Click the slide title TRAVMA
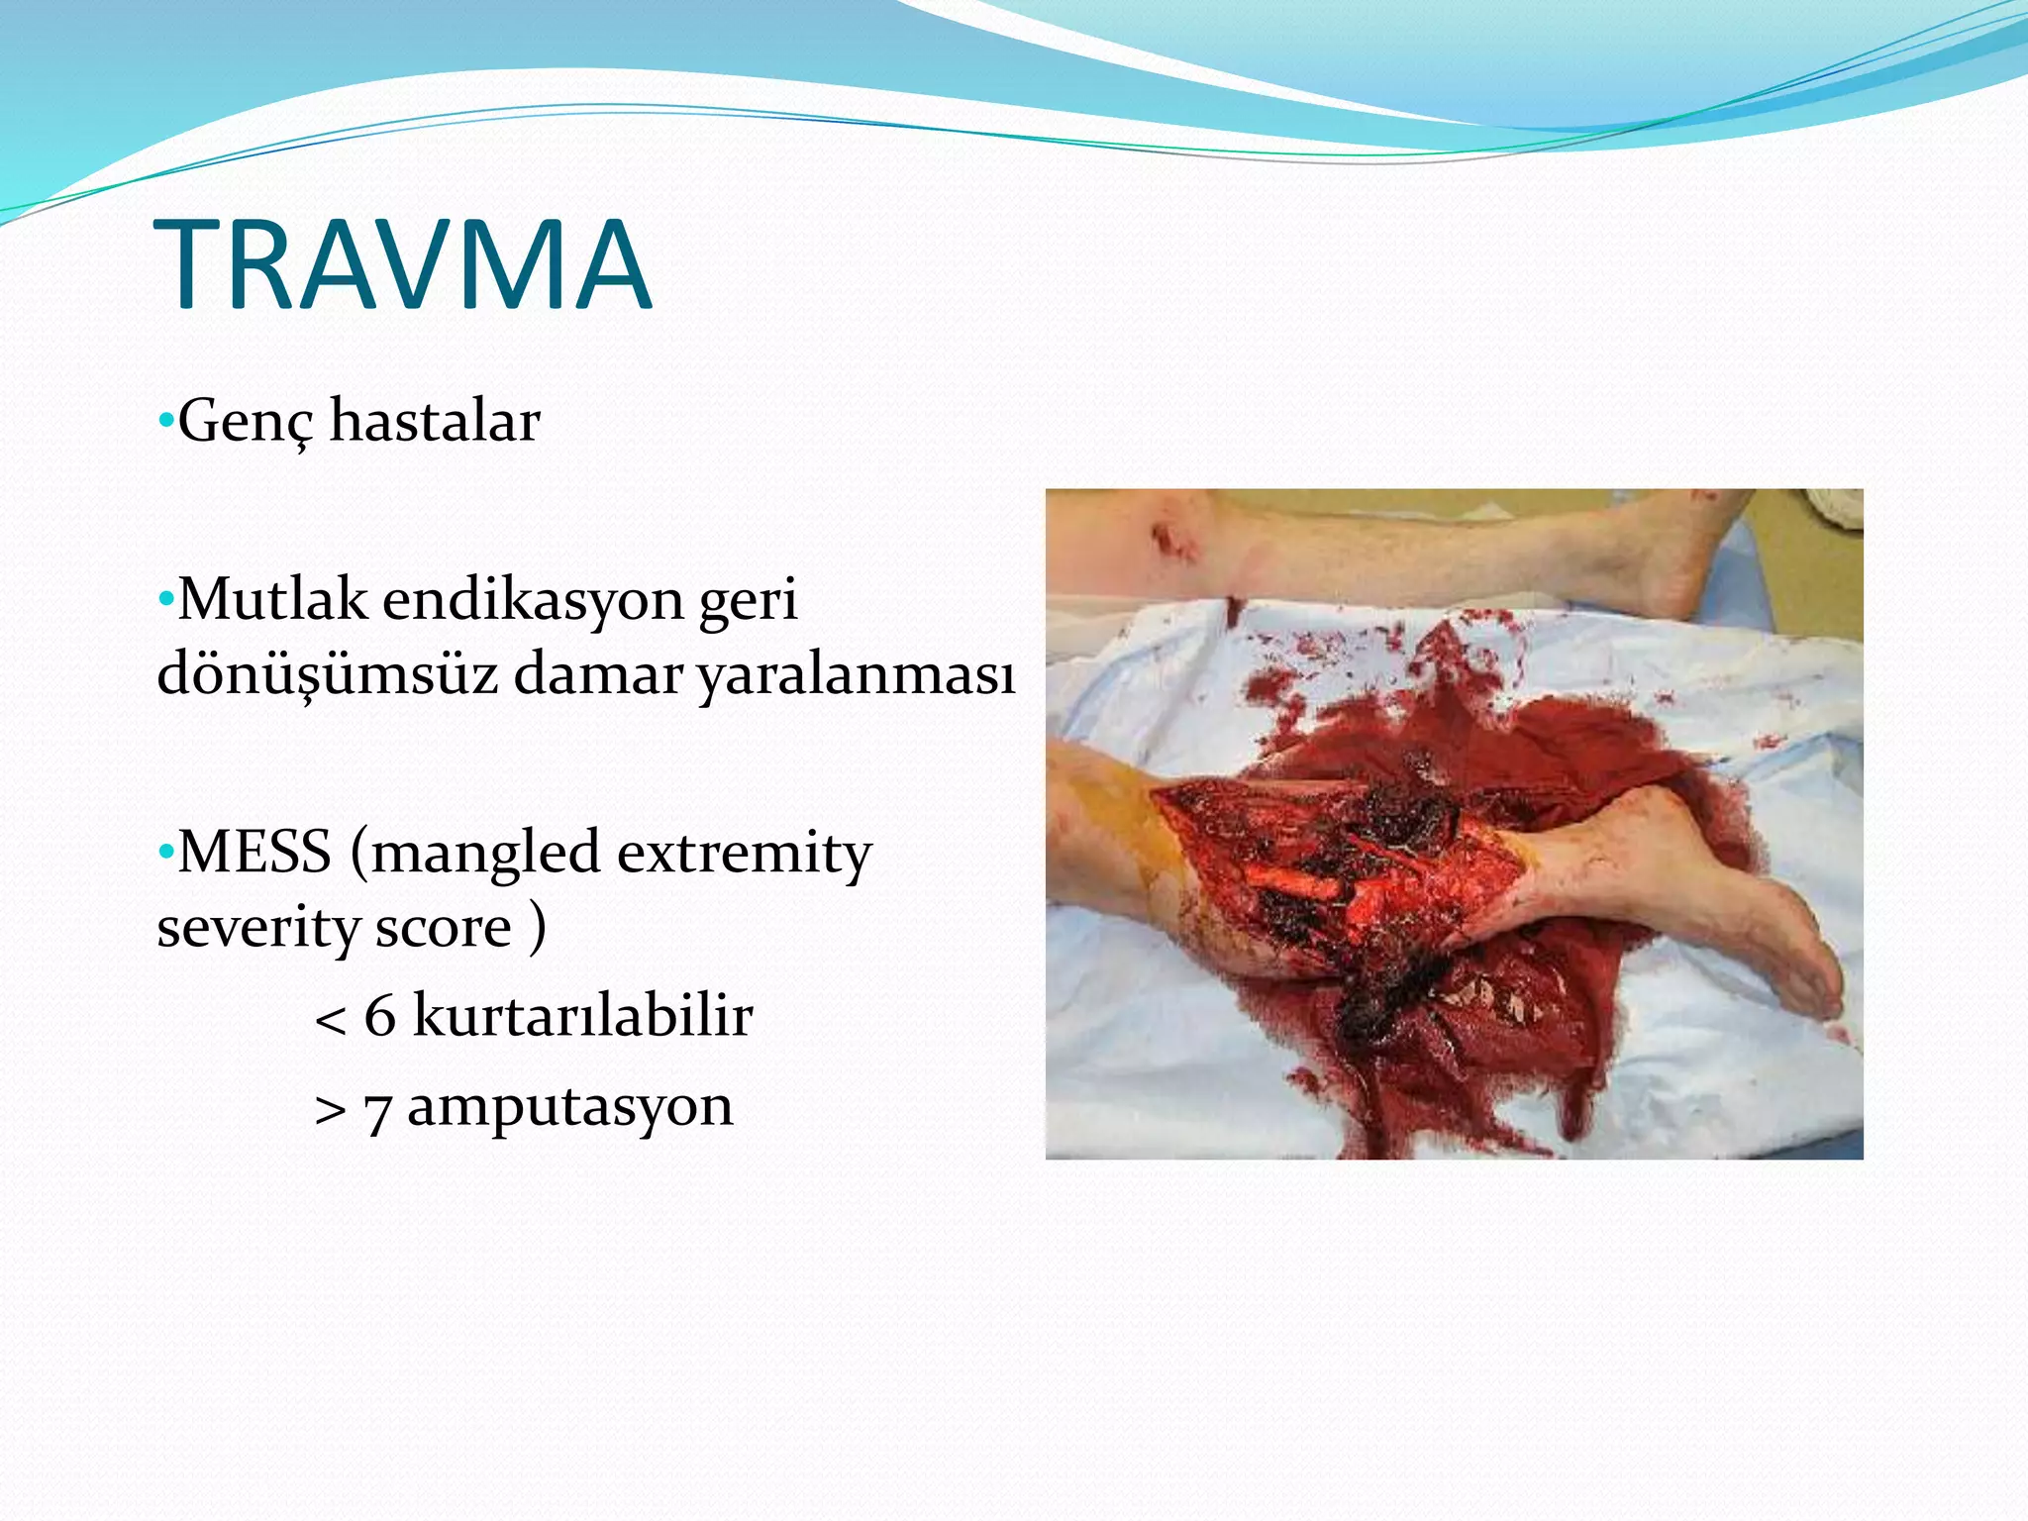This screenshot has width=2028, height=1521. pyautogui.click(x=402, y=264)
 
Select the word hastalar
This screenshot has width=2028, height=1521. pyautogui.click(x=435, y=420)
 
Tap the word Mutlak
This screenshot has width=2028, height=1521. pyautogui.click(x=272, y=599)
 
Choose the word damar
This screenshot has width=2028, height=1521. pyautogui.click(x=598, y=674)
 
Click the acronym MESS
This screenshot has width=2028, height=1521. pyautogui.click(x=254, y=852)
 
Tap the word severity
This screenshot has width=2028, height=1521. pyautogui.click(x=257, y=928)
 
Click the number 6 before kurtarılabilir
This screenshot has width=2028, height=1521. pyautogui.click(x=379, y=1016)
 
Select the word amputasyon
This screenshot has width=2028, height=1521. pyautogui.click(x=570, y=1107)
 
